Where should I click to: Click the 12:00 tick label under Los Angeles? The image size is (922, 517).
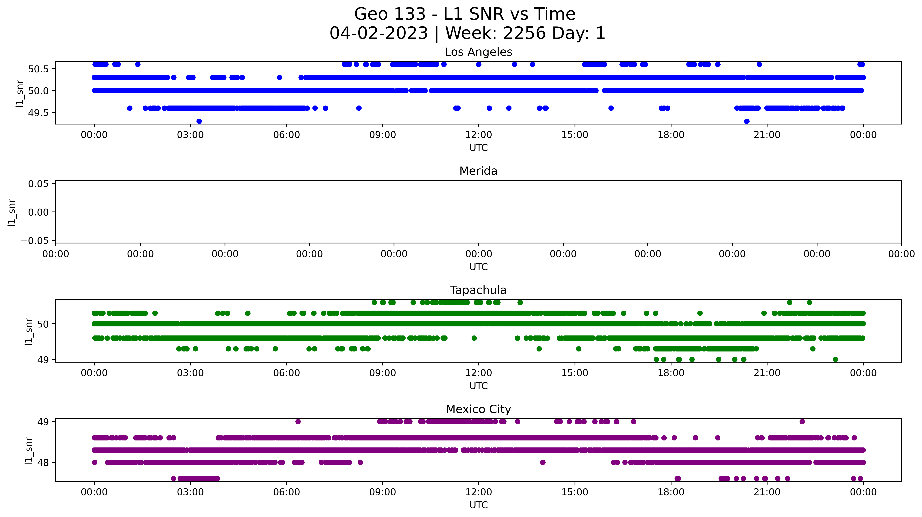click(479, 135)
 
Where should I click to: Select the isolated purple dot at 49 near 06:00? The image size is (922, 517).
click(298, 422)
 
